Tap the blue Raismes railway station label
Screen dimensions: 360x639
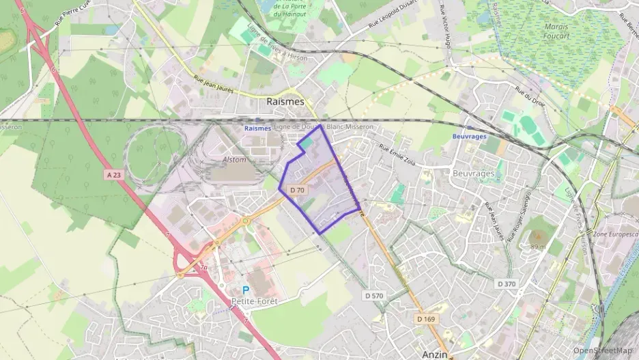[x=257, y=128]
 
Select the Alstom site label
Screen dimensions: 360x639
[x=234, y=158]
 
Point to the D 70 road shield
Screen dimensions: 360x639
[x=296, y=189]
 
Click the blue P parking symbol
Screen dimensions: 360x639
[x=246, y=290]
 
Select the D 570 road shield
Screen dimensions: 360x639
[x=374, y=296]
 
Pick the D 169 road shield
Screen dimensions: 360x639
[x=426, y=319]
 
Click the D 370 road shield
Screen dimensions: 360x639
[x=506, y=283]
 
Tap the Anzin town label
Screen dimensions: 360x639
[x=434, y=354]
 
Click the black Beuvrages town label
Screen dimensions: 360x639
[x=473, y=174]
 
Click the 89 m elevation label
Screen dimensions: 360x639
[x=537, y=245]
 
